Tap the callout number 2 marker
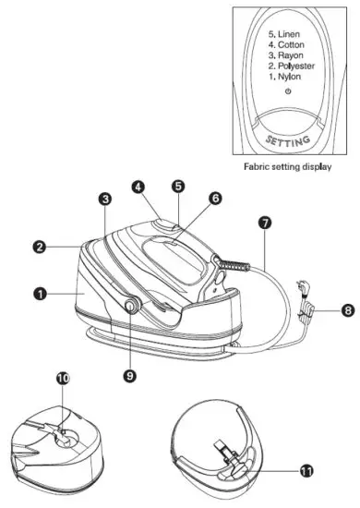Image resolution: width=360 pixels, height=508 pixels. [x=41, y=248]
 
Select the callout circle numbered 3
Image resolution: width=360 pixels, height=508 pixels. [x=106, y=199]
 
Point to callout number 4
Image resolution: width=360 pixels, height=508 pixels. [x=138, y=187]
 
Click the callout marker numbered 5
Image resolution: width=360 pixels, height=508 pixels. [x=178, y=187]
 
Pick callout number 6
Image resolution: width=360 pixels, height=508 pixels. [x=214, y=198]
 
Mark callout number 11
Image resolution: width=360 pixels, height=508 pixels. [x=306, y=470]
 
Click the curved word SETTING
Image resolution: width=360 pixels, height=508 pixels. [x=288, y=141]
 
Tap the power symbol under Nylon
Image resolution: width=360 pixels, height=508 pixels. [x=289, y=92]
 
